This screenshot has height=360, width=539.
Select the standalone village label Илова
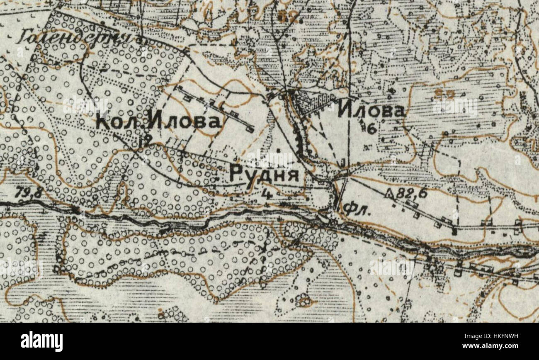click(x=371, y=111)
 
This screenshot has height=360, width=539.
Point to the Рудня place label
click(x=264, y=175)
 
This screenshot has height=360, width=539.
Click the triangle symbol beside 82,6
click(x=389, y=192)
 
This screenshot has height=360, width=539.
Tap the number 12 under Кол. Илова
click(x=145, y=140)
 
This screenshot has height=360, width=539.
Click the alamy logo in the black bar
click(x=41, y=341)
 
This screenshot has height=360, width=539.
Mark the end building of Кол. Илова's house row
click(x=250, y=130)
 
